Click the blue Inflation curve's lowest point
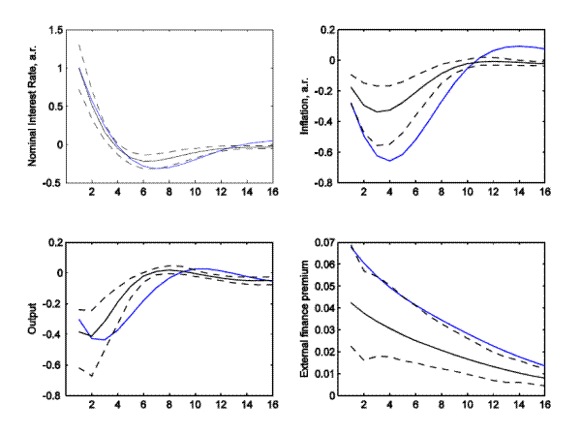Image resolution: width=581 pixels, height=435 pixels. [x=390, y=160]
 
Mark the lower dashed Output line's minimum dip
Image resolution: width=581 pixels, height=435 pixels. [x=92, y=376]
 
